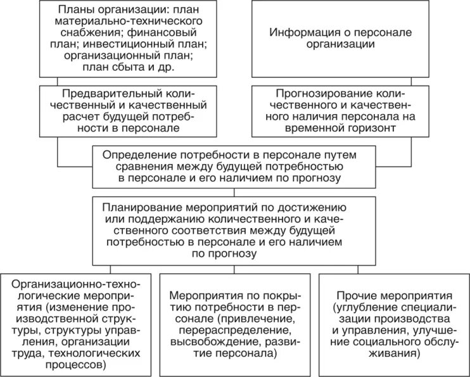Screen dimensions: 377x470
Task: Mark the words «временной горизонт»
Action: (x=359, y=128)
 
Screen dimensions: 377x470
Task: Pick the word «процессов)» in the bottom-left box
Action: (x=80, y=366)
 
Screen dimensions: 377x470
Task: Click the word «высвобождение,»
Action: (x=215, y=343)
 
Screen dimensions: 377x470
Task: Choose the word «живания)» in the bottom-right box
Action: (x=395, y=354)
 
